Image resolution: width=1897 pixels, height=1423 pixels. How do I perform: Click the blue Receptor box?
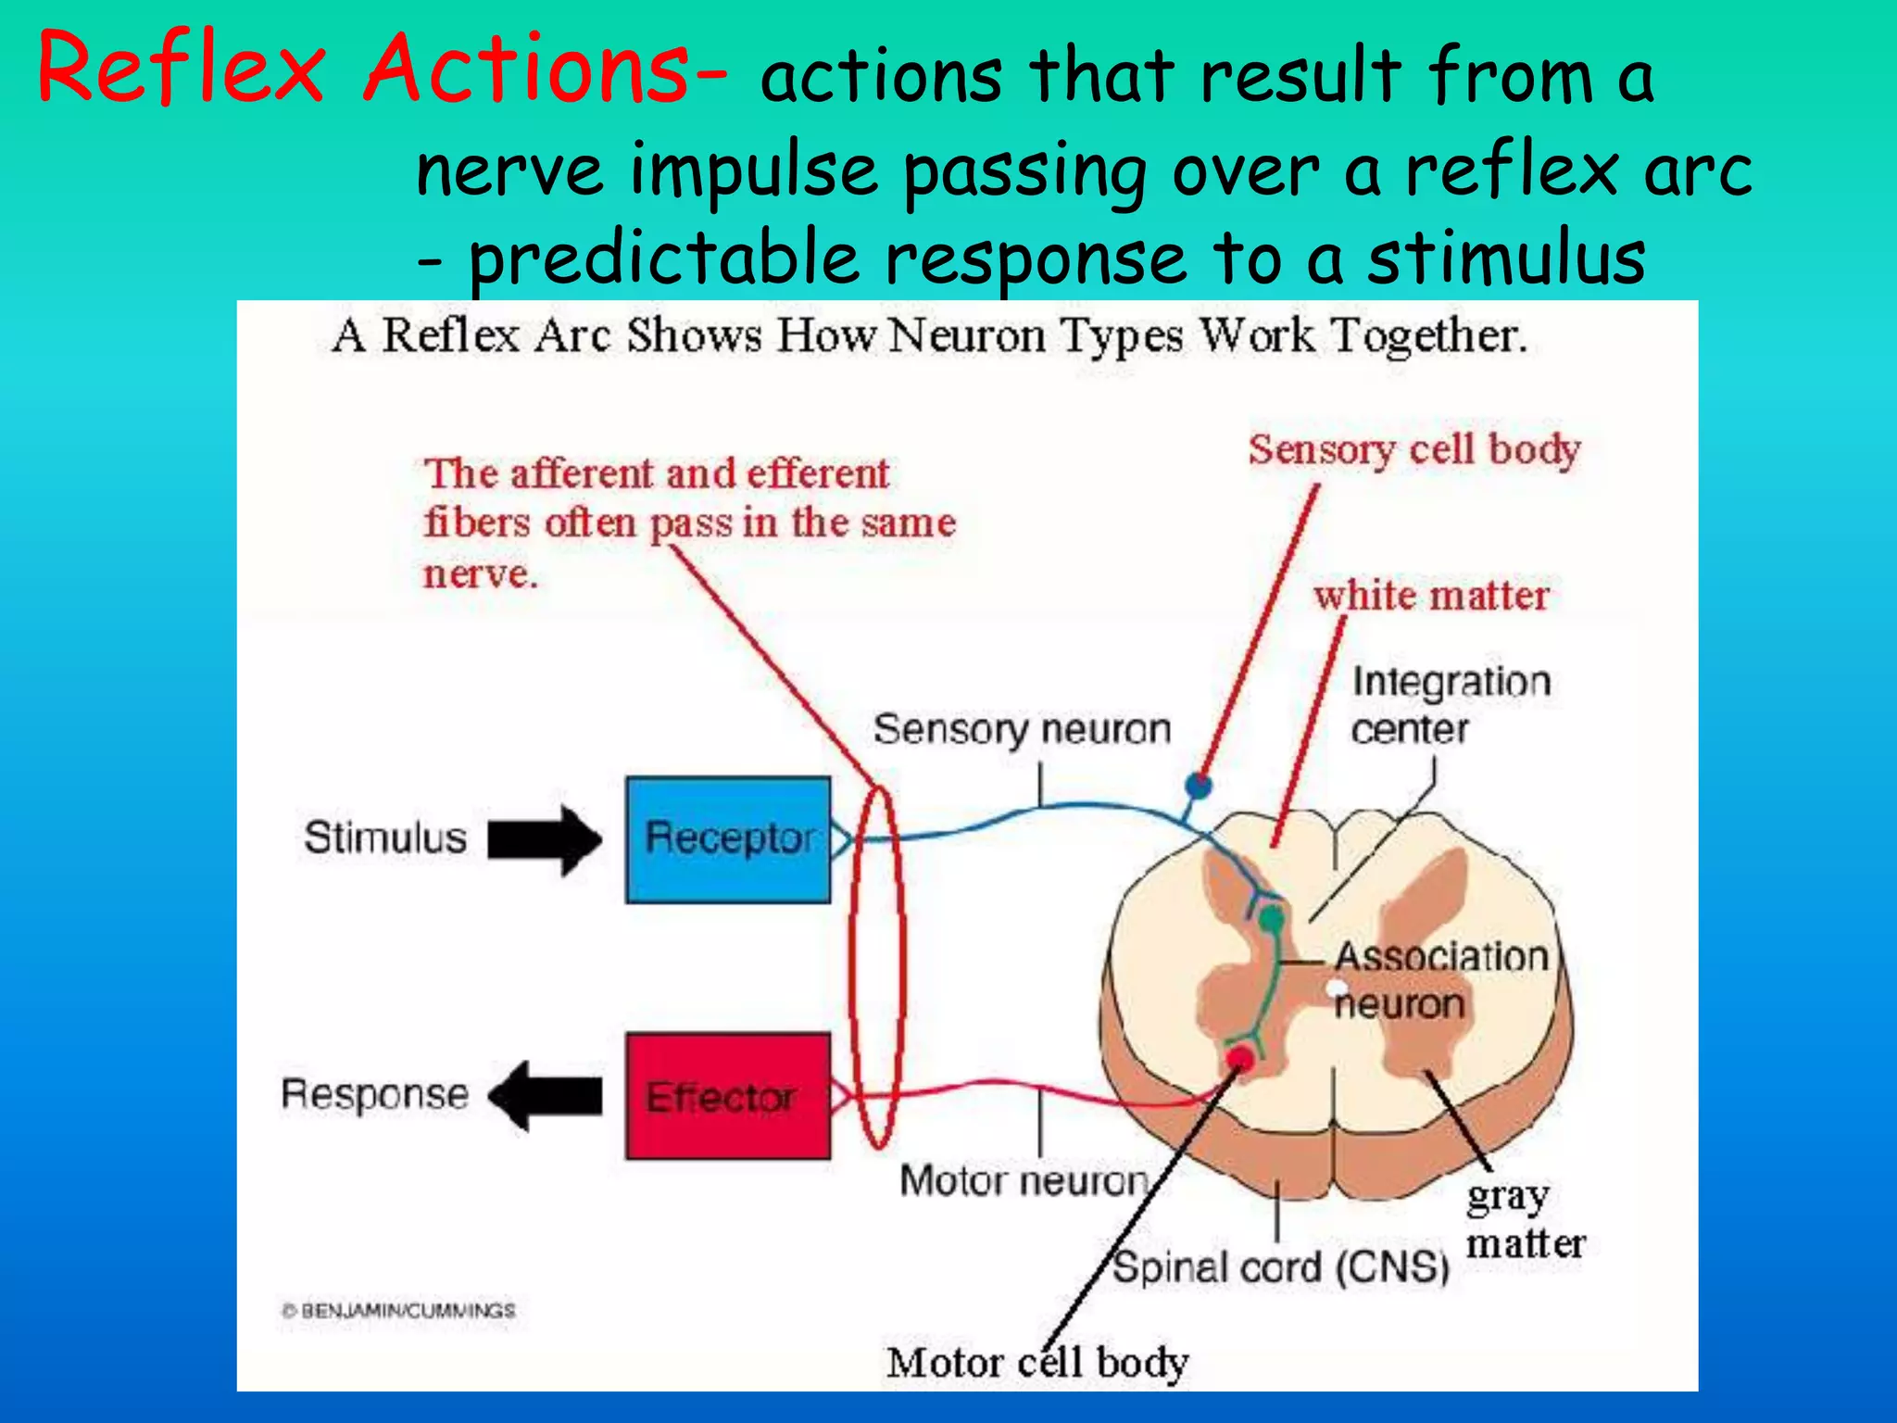[x=728, y=839]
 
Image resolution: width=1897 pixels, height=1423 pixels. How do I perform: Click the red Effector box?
[x=728, y=1096]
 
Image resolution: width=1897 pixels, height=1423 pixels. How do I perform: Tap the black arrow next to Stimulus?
[x=545, y=840]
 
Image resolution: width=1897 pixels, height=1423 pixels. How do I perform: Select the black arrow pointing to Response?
[x=545, y=1096]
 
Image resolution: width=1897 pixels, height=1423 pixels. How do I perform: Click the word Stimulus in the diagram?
[x=385, y=837]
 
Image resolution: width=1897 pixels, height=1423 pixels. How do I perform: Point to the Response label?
[x=375, y=1094]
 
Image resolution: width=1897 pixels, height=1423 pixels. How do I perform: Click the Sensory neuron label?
[x=1022, y=730]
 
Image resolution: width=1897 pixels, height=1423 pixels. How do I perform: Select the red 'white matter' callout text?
[x=1431, y=596]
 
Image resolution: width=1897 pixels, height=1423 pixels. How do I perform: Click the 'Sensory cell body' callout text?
[x=1413, y=451]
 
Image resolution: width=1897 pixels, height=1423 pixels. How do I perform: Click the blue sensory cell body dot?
[x=1199, y=787]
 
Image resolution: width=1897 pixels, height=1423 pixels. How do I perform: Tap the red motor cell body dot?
[x=1240, y=1057]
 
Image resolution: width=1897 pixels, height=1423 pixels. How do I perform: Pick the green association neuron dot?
[x=1273, y=919]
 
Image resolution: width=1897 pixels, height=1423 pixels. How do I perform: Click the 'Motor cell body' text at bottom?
[x=1037, y=1363]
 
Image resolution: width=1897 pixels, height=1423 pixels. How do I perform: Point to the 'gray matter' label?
[x=1524, y=1220]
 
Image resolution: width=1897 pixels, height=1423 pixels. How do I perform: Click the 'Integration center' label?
[x=1450, y=705]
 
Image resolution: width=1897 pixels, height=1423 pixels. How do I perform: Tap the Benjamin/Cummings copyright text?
[x=398, y=1311]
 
